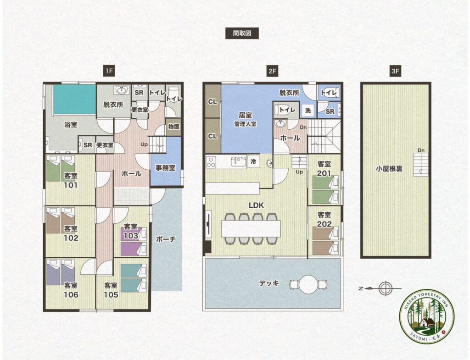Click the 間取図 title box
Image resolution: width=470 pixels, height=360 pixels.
tap(242, 33)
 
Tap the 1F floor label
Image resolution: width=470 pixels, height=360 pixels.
tap(109, 71)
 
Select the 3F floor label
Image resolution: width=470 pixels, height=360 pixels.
tap(395, 71)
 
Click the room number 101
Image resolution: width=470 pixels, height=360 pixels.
tap(70, 185)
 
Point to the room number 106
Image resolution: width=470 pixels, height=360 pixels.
tap(71, 295)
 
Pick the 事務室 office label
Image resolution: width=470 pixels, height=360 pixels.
tap(165, 168)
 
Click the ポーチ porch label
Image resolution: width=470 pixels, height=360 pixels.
tap(166, 239)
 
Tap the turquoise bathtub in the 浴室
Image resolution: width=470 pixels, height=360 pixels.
tap(75, 99)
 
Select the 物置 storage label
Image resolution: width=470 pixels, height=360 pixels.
tap(174, 127)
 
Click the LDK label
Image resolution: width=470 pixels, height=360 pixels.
tap(256, 205)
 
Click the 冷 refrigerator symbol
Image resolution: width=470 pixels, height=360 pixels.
tap(253, 161)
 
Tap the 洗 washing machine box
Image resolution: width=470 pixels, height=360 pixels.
tap(308, 110)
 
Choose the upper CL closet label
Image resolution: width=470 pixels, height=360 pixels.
tap(213, 102)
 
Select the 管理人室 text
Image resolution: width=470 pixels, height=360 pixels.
tap(246, 124)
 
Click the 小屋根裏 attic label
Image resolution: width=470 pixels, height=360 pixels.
tap(389, 169)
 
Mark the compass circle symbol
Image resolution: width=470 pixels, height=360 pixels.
tap(386, 288)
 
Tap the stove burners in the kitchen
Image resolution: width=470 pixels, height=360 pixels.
tap(211, 161)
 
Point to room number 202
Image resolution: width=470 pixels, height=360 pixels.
tap(325, 224)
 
